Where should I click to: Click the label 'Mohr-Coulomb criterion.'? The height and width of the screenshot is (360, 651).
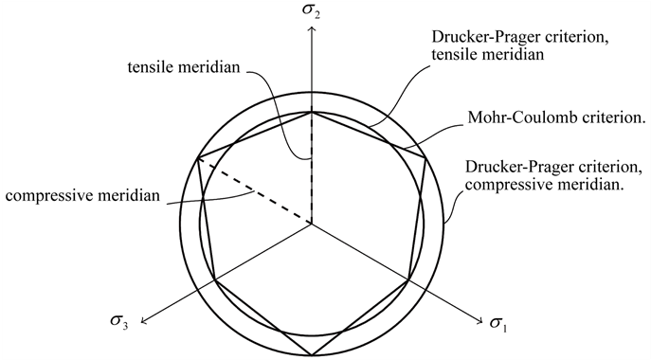(x=556, y=120)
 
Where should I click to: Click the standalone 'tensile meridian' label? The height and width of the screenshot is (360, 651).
(x=189, y=67)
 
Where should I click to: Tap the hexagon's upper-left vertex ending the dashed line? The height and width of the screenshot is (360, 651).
(x=198, y=158)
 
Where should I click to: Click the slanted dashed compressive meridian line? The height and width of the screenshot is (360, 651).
(x=254, y=191)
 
